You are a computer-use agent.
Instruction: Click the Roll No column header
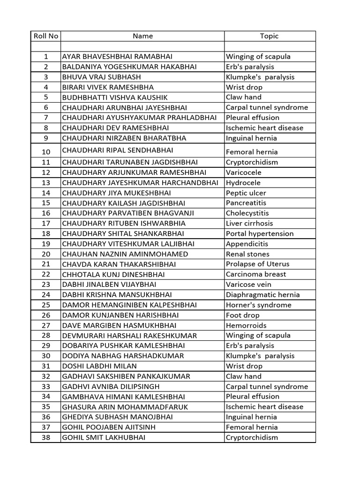pos(45,36)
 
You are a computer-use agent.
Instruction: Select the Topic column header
pos(269,36)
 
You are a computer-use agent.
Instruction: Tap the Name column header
pos(142,36)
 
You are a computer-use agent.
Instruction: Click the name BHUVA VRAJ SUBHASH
pos(101,77)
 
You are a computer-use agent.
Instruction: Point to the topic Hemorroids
pos(246,325)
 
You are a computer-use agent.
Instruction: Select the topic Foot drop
pos(243,315)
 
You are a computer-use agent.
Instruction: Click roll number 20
pos(45,254)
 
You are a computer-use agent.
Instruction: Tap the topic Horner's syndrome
pos(258,305)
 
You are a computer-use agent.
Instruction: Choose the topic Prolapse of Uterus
pos(258,264)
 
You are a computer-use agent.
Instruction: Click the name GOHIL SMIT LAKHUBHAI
pos(104,437)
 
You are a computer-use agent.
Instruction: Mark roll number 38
pos(45,437)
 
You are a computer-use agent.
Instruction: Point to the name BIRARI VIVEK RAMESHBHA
pos(108,87)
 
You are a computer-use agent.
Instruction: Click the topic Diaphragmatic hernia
pos(262,294)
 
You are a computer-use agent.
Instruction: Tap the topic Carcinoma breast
pos(256,274)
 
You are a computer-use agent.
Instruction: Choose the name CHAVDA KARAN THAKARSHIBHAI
pos(118,264)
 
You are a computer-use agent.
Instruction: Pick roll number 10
pos(45,151)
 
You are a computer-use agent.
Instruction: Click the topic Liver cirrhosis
pos(249,223)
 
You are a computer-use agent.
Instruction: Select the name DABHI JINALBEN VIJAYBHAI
pos(109,285)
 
